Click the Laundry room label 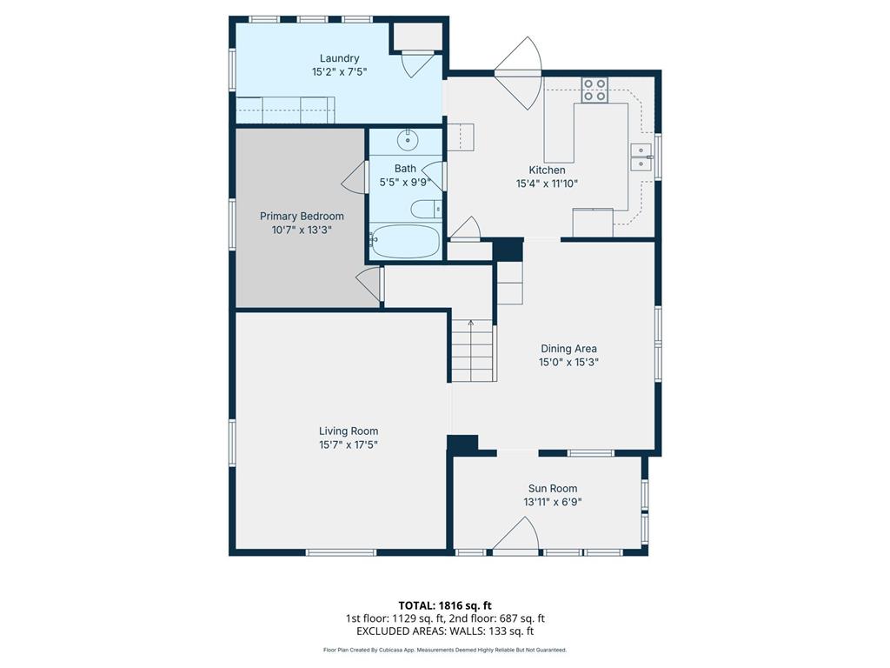340,58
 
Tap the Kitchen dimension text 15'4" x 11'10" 548,184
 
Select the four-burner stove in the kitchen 594,90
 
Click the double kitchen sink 641,157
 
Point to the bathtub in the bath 405,242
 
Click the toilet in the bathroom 426,210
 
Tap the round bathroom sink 408,140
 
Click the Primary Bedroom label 302,216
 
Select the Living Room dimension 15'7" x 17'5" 349,444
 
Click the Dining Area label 568,349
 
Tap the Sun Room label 553,489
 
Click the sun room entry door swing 515,534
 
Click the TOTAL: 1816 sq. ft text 445,605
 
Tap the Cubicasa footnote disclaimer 445,650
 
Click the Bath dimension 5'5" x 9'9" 405,183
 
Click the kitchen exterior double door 518,73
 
